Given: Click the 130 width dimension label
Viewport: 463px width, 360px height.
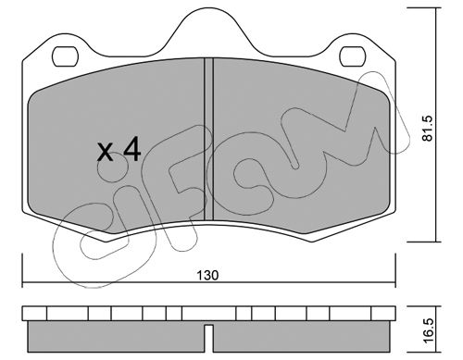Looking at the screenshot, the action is click(x=207, y=275).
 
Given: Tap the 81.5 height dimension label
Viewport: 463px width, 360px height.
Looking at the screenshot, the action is click(x=428, y=129).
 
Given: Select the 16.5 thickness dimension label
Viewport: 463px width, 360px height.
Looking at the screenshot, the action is click(x=428, y=331).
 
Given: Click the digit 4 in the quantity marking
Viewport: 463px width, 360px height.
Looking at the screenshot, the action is click(x=132, y=150).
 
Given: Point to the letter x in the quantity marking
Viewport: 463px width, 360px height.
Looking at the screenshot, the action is click(x=105, y=153).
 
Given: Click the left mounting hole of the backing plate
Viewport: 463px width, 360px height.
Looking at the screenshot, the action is click(x=65, y=56).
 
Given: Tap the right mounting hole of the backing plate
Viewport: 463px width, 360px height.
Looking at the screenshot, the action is click(x=353, y=56).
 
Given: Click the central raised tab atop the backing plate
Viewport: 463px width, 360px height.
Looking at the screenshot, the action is click(x=208, y=31).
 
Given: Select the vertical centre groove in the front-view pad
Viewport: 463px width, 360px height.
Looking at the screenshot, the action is click(x=208, y=139).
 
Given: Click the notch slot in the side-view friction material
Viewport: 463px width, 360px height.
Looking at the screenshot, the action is click(x=209, y=338).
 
